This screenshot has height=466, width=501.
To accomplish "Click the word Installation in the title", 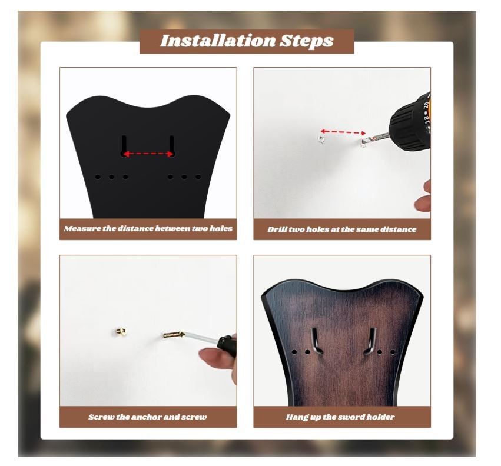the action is tap(218, 41).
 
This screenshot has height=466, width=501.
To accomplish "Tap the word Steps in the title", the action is tap(307, 41).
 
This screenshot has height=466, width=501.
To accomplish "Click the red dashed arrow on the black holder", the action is tap(148, 154).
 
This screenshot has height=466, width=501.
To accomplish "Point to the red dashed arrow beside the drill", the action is tap(343, 132).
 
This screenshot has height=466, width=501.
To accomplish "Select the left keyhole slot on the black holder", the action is tap(124, 146).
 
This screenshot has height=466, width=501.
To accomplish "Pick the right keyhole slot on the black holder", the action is tap(171, 146).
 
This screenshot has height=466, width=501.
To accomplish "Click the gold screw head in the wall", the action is tap(121, 331).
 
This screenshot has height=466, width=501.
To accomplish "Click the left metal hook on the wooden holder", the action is tap(316, 341).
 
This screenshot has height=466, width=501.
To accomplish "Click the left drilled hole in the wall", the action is tap(321, 139).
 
